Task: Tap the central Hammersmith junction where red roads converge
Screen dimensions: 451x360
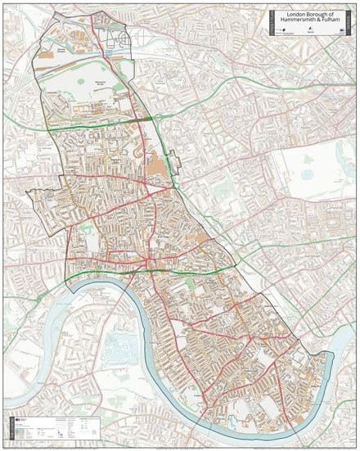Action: [145, 261]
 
